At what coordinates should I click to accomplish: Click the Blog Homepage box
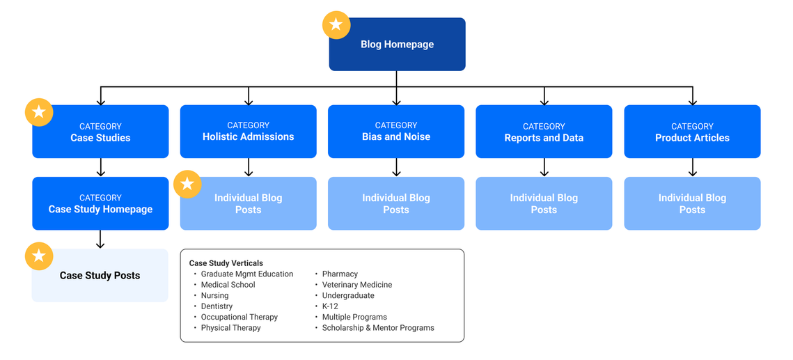pos(397,45)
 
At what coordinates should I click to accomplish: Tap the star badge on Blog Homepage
pos(336,25)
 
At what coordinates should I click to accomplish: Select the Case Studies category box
pos(100,132)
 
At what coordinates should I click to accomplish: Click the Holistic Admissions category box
pos(249,132)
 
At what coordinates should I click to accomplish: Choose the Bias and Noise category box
pos(396,132)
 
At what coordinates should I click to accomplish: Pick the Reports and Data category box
pos(544,132)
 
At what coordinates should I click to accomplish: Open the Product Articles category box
pos(692,132)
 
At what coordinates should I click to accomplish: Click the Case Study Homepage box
pos(100,203)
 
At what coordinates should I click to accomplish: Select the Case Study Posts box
pos(100,276)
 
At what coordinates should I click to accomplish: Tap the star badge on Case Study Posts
pos(39,256)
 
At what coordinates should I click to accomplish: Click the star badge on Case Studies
pos(39,112)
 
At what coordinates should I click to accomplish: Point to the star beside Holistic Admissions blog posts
pos(187,184)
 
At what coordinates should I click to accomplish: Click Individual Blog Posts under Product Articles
pos(692,204)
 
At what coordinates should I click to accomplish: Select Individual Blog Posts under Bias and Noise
pos(396,204)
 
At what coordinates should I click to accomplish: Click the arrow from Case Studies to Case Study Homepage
pos(101,167)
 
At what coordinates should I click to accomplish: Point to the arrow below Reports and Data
pos(544,167)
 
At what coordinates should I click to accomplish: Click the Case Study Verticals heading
pos(226,263)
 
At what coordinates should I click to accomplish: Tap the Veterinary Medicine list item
pos(357,285)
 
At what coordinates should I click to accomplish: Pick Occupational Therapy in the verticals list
pos(240,317)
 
